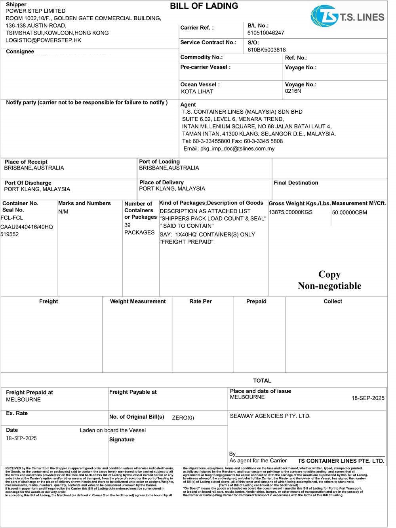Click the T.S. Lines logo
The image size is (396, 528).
pyautogui.click(x=347, y=16)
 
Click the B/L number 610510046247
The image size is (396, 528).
pyautogui.click(x=266, y=33)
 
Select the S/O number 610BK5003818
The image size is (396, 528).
pyautogui.click(x=267, y=50)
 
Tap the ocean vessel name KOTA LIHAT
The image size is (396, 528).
pyautogui.click(x=197, y=91)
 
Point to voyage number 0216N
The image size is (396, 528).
pyautogui.click(x=293, y=91)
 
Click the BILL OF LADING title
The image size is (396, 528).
pyautogui.click(x=204, y=6)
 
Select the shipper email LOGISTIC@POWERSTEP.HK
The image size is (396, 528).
pyautogui.click(x=43, y=40)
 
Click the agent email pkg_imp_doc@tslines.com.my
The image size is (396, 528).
pyautogui.click(x=229, y=149)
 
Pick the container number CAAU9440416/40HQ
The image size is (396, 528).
pyautogui.click(x=27, y=227)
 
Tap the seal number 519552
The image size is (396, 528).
pyautogui.click(x=10, y=234)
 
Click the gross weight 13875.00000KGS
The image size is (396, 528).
pyautogui.click(x=290, y=212)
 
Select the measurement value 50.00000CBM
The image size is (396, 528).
pyautogui.click(x=349, y=213)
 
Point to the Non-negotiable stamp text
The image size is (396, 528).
pyautogui.click(x=329, y=286)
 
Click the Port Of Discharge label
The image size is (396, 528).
pyautogui.click(x=28, y=183)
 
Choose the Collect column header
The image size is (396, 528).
pyautogui.click(x=333, y=301)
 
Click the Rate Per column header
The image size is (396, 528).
pyautogui.click(x=200, y=301)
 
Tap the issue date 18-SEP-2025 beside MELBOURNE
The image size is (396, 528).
pyautogui.click(x=368, y=398)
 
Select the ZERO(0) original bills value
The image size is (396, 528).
pyautogui.click(x=183, y=417)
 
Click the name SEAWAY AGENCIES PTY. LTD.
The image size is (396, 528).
pyautogui.click(x=270, y=416)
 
